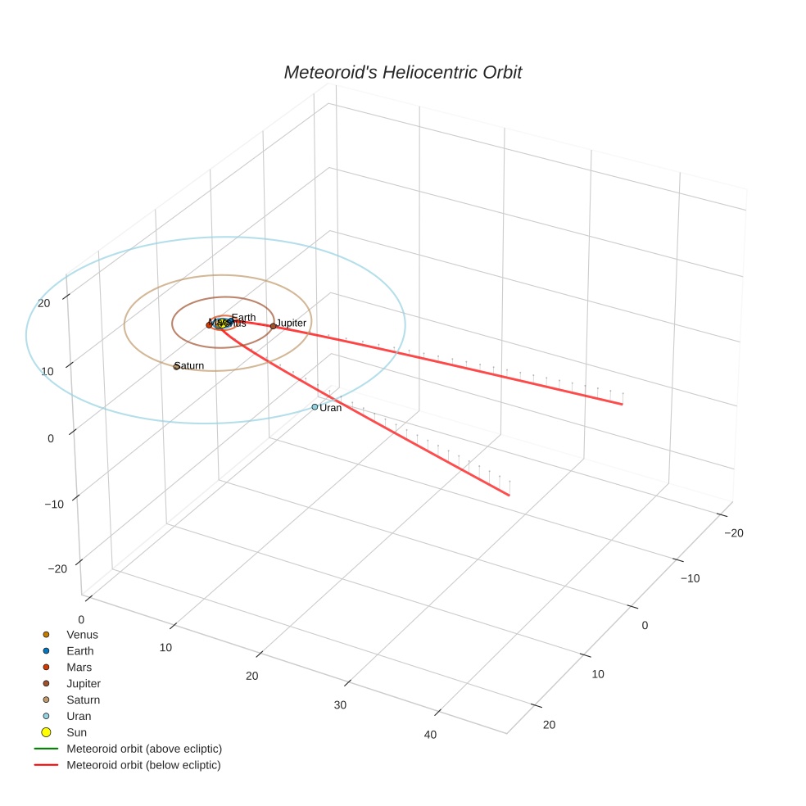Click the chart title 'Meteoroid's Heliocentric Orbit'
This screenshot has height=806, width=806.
402,72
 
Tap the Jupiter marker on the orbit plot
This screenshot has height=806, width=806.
273,326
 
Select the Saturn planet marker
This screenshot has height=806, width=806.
176,366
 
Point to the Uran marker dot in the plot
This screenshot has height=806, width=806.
315,407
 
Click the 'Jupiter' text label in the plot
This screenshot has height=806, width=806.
292,323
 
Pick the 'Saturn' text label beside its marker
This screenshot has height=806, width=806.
190,365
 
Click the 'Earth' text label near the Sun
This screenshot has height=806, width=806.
243,317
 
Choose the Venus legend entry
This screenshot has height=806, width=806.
82,634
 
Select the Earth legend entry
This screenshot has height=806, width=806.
80,650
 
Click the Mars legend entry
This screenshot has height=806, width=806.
79,667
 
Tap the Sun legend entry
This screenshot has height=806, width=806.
76,732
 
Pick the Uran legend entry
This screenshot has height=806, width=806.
79,716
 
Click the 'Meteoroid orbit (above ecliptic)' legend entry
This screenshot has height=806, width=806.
144,749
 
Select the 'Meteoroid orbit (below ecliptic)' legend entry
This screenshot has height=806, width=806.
143,765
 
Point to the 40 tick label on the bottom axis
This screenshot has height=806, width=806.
430,734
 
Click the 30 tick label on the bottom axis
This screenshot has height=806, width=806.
340,704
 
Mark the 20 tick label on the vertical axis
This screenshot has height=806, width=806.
44,303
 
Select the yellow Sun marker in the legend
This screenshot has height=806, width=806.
46,732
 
